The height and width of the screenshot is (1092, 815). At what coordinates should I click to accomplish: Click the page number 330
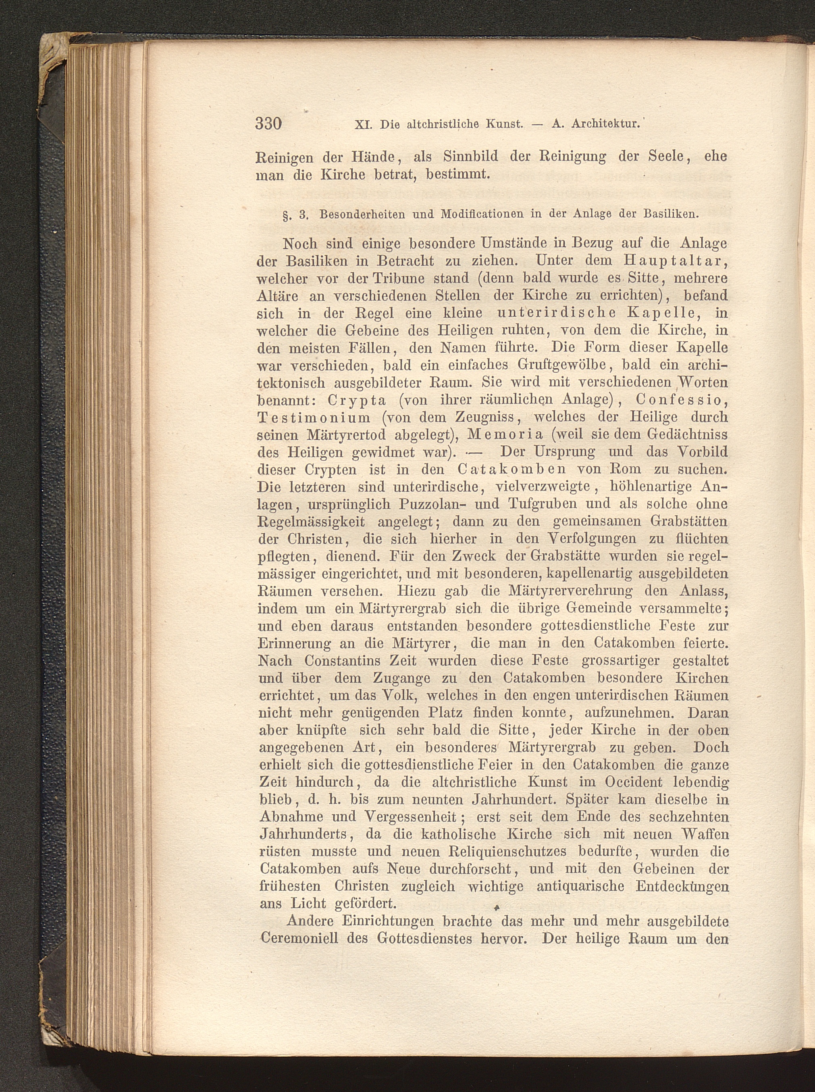click(x=268, y=123)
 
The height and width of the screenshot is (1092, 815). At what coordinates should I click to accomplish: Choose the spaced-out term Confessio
click(x=681, y=400)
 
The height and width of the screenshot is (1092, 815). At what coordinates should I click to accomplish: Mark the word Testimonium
click(x=314, y=418)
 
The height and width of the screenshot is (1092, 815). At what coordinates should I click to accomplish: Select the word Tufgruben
click(x=541, y=504)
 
